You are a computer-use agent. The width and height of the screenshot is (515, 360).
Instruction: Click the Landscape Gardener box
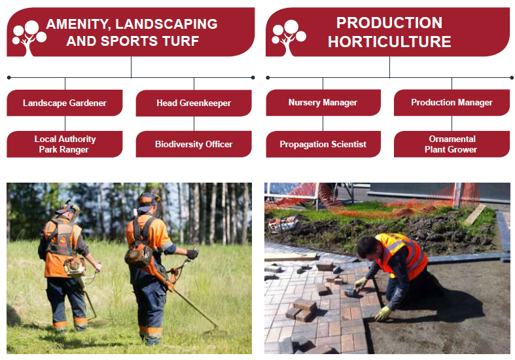65,103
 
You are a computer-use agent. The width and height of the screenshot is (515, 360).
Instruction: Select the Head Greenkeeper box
194,103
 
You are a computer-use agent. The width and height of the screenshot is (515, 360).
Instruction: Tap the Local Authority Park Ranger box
65,144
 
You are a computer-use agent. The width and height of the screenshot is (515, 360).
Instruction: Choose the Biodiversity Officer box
194,144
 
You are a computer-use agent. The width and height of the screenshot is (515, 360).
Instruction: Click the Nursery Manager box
323,103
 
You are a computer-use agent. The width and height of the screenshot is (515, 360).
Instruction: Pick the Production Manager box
452,103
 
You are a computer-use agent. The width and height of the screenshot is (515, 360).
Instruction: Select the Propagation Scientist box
323,144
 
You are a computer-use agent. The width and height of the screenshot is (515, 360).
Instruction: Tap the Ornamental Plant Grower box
452,144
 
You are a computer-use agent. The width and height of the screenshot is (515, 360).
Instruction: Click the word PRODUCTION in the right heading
389,23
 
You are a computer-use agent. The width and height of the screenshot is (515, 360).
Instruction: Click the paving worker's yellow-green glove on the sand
383,314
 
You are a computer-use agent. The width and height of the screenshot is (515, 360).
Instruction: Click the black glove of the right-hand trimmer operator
192,253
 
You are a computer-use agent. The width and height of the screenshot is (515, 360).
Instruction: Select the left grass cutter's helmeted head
68,211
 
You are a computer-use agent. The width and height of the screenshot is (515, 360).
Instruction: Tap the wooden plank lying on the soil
475,215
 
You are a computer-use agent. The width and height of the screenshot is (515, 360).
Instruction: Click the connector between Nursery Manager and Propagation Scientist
323,124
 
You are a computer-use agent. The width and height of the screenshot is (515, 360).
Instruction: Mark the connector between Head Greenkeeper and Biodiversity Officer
194,124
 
